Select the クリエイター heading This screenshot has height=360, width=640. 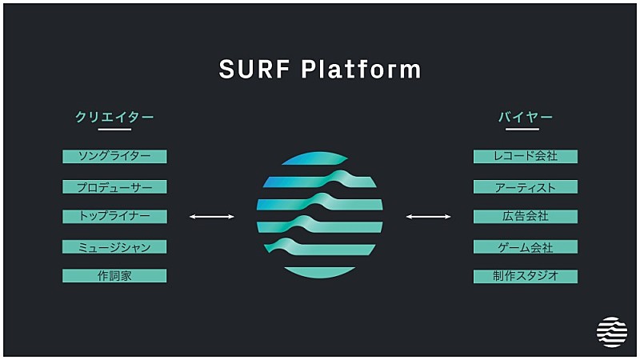pos(114,117)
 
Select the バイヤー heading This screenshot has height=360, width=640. pos(526,117)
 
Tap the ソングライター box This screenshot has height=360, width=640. pos(114,156)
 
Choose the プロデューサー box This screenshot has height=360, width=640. pos(114,186)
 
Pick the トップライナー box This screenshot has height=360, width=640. pos(114,216)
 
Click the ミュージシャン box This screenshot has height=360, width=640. pos(114,246)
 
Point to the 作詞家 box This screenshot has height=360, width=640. pos(114,276)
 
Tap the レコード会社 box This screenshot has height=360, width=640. pos(526,156)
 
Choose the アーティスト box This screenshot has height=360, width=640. pos(526,186)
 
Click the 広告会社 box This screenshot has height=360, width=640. pos(526,216)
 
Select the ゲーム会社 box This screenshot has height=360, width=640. pos(526,246)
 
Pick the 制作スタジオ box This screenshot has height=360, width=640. pos(526,276)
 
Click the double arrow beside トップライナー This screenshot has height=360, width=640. pos(211,216)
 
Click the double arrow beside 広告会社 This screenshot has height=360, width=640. pos(428,216)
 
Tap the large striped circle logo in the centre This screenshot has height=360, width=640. pos(319,214)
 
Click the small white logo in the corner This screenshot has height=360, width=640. pos(612,332)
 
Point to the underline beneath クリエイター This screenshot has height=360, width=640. pos(114,129)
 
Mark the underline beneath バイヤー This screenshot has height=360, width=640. pos(526,129)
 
